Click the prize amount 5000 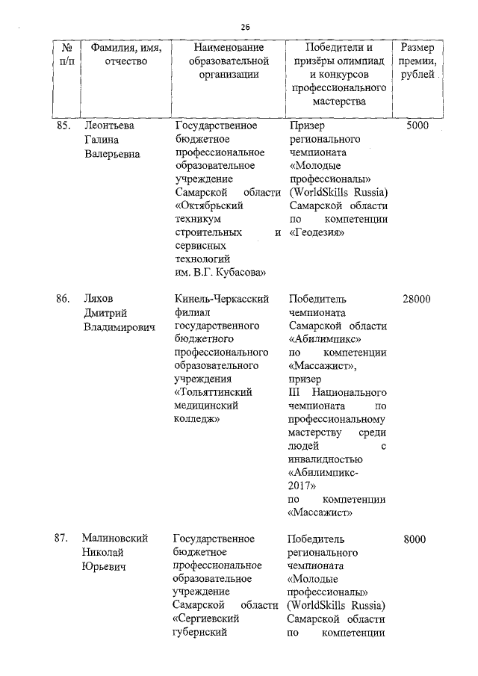(417, 125)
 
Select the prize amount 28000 (416, 299)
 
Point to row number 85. (63, 125)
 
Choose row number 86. (63, 299)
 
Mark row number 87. (63, 539)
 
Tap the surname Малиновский (116, 539)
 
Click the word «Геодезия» (316, 232)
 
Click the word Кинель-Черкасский (220, 299)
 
